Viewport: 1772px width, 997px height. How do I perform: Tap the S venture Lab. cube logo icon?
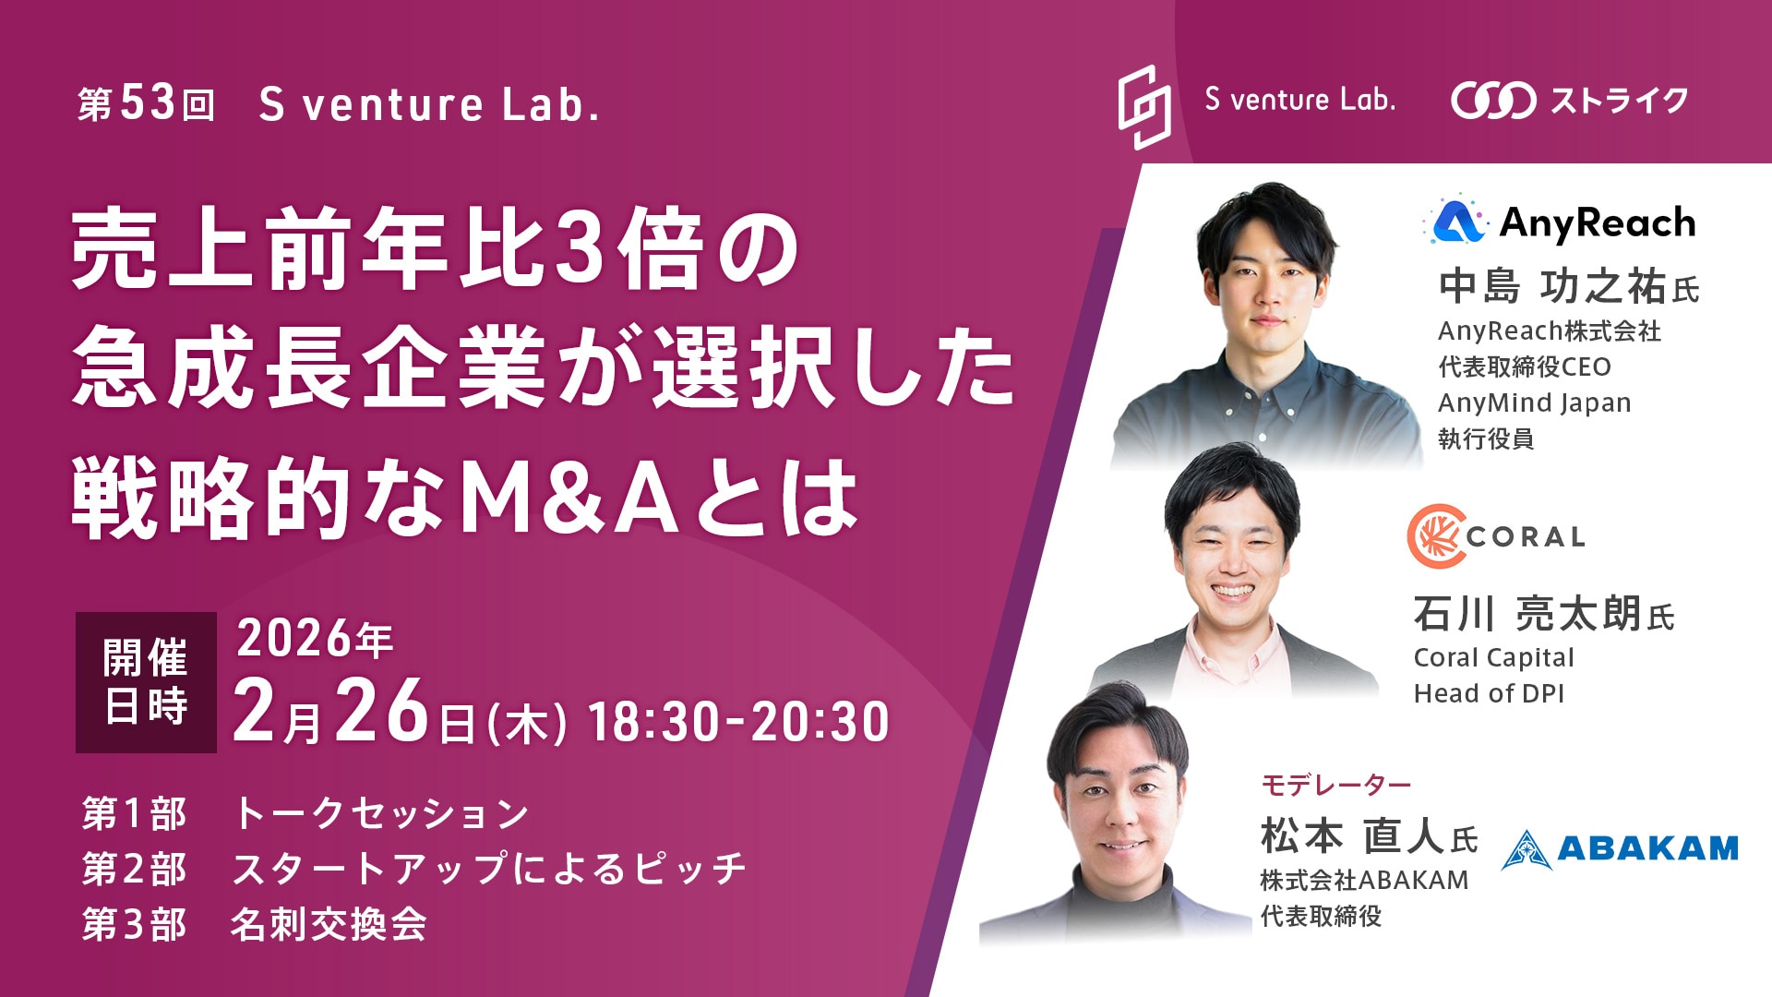coord(1143,106)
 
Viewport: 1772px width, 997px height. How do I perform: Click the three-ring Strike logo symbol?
coord(1492,101)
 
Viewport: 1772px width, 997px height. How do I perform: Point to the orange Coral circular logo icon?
coord(1436,536)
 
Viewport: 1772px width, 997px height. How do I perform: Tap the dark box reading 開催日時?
coord(146,682)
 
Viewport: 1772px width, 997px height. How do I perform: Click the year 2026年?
coord(315,639)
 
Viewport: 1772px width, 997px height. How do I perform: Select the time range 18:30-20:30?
coord(738,721)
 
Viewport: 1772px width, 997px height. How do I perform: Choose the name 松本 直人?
coord(1352,836)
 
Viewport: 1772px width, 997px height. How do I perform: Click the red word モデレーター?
coord(1335,785)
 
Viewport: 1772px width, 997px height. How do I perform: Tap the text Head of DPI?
coord(1489,693)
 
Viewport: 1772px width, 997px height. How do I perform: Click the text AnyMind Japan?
coord(1534,403)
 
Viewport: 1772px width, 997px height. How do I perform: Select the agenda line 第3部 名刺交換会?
coord(254,924)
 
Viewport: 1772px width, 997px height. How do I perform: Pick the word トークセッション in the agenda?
coord(380,813)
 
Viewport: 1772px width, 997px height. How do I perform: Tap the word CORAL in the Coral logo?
coord(1526,536)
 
